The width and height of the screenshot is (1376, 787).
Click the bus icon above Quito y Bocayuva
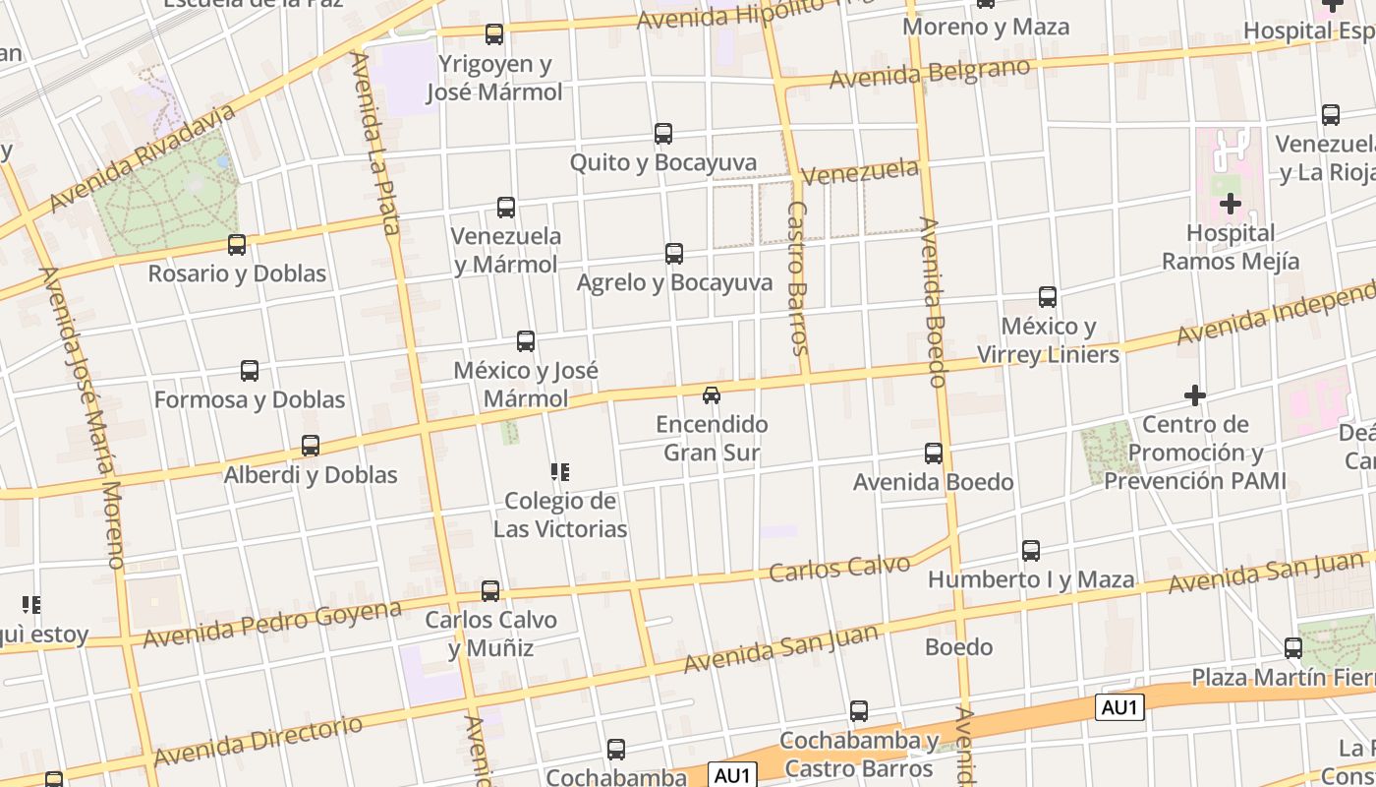pyautogui.click(x=663, y=134)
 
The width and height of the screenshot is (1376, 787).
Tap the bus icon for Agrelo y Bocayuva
pyautogui.click(x=674, y=254)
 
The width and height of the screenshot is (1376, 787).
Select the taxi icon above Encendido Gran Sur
pyautogui.click(x=712, y=395)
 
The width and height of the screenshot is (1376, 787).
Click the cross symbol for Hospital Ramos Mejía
pyautogui.click(x=1231, y=205)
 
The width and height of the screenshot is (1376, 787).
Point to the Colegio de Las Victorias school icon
pyautogui.click(x=560, y=472)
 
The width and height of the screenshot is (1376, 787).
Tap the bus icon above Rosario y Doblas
pyautogui.click(x=237, y=245)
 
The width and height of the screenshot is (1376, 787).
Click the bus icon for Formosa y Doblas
pyautogui.click(x=250, y=371)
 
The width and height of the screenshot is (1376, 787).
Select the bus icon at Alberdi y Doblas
pyautogui.click(x=311, y=446)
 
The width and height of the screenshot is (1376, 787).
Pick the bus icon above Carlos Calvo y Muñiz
pyautogui.click(x=490, y=591)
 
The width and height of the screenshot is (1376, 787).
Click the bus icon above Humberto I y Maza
pyautogui.click(x=1031, y=551)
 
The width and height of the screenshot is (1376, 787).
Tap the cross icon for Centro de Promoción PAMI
pyautogui.click(x=1195, y=395)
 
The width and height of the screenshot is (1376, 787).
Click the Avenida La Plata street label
pyautogui.click(x=375, y=143)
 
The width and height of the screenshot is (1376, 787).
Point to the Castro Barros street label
pyautogui.click(x=797, y=278)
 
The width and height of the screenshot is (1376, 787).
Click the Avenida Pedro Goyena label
pyautogui.click(x=272, y=624)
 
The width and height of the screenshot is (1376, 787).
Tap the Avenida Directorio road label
pyautogui.click(x=258, y=741)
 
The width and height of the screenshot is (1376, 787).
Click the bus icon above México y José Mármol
pyautogui.click(x=526, y=341)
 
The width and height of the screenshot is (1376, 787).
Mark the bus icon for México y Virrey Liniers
pyautogui.click(x=1048, y=297)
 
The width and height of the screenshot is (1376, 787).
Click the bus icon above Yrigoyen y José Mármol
pyautogui.click(x=494, y=34)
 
